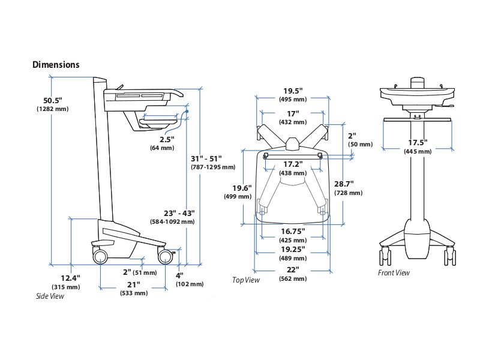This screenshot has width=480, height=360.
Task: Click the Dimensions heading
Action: tap(56, 65)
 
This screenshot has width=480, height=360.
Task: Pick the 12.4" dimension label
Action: tap(71, 278)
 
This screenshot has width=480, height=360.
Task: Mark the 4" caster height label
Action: tap(179, 275)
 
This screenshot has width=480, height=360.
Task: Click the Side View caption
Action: tap(50, 296)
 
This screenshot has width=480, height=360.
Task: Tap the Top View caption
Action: tap(246, 280)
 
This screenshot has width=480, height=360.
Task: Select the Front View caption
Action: tap(394, 273)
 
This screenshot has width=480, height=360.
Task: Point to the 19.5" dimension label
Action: tap(293, 91)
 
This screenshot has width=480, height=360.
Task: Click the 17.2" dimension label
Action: tap(293, 164)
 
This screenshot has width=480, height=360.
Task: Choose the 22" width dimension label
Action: tap(293, 269)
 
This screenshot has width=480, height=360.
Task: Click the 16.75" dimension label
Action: tap(293, 231)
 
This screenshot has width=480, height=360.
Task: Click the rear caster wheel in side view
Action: tap(100, 256)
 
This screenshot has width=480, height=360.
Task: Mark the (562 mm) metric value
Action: tap(293, 279)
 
